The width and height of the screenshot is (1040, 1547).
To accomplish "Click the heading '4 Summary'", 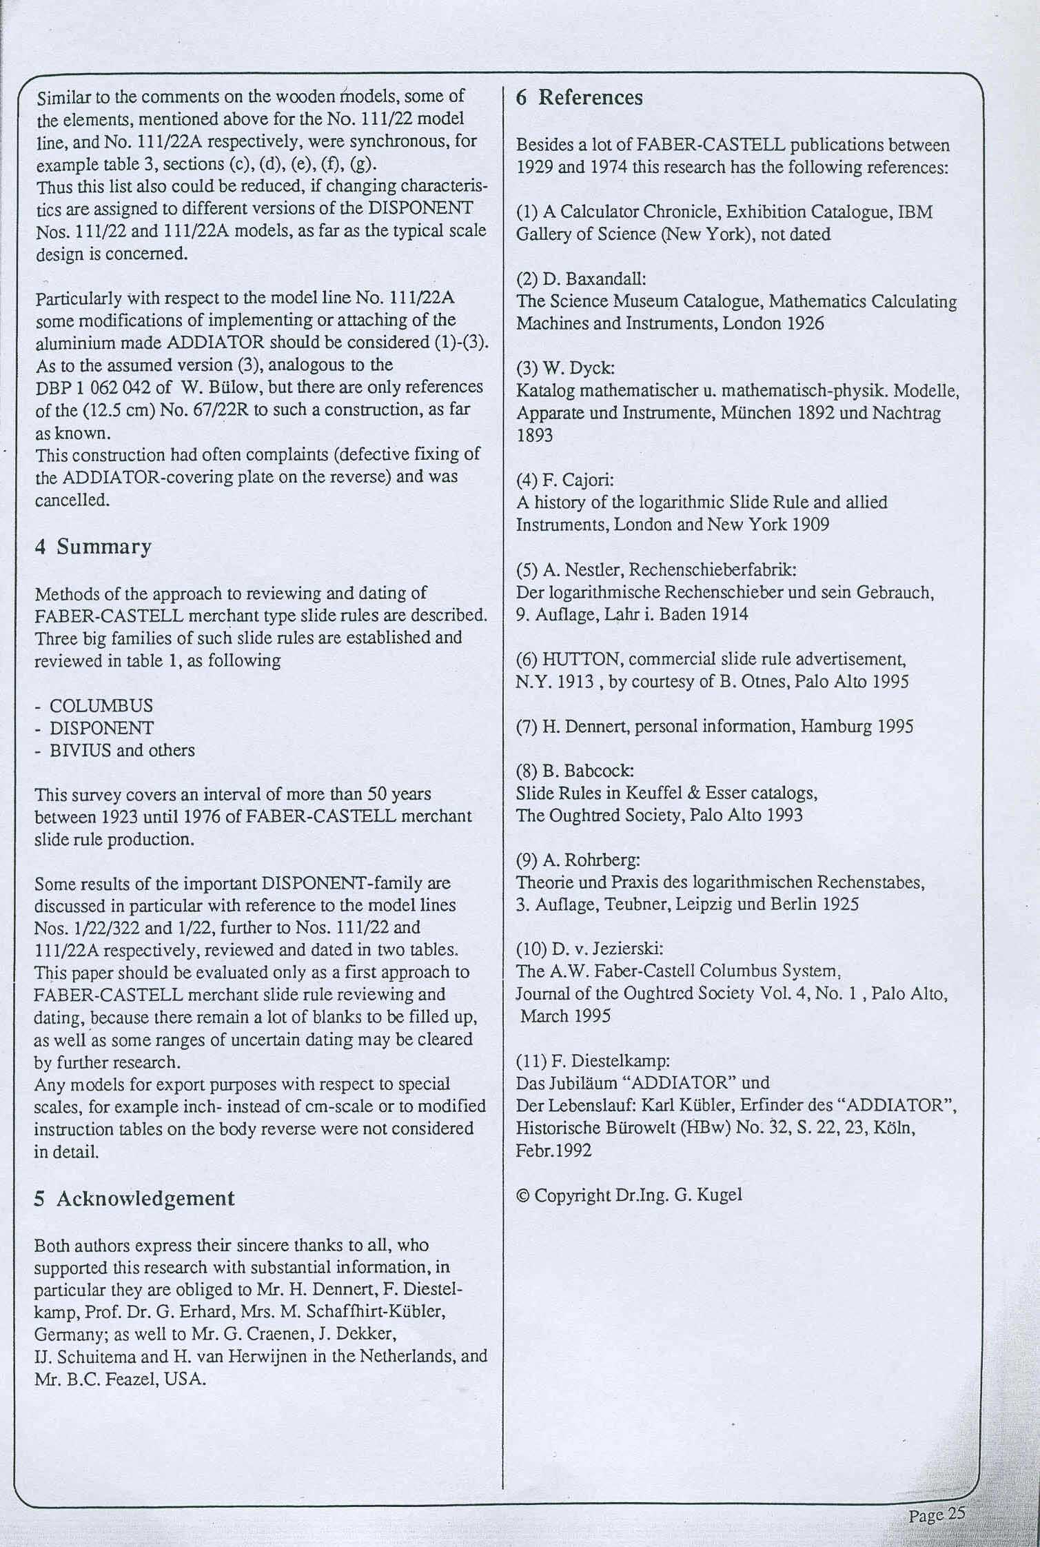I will (93, 547).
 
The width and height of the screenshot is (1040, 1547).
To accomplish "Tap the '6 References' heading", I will (580, 98).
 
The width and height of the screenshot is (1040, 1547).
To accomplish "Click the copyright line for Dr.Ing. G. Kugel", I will (629, 1195).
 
